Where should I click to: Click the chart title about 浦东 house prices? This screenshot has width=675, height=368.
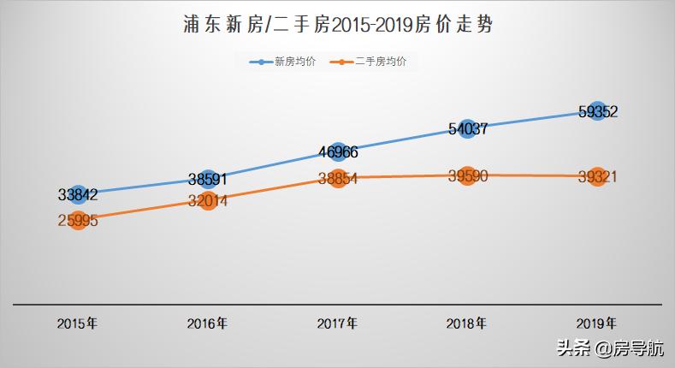click(x=337, y=25)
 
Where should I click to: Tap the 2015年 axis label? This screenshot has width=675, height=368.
click(x=77, y=323)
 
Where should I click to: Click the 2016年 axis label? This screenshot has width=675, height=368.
click(x=207, y=323)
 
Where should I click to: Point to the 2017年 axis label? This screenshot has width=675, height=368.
click(x=337, y=323)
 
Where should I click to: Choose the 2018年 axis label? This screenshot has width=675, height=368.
click(x=467, y=323)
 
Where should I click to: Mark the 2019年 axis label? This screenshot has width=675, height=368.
click(x=596, y=323)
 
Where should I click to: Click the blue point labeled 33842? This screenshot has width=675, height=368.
click(x=78, y=195)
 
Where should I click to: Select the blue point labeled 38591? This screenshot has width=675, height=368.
click(x=208, y=180)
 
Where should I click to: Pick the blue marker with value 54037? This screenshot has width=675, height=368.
click(x=467, y=129)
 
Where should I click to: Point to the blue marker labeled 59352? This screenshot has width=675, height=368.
click(x=597, y=111)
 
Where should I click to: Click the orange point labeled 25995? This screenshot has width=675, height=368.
click(x=78, y=221)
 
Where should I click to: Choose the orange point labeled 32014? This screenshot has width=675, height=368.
click(x=208, y=202)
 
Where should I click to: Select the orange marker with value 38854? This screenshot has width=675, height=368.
click(x=338, y=178)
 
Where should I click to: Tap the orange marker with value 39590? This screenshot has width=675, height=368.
click(x=467, y=176)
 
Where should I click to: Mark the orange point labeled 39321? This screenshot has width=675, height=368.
click(x=597, y=177)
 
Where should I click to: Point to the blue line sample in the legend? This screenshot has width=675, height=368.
click(x=261, y=62)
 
